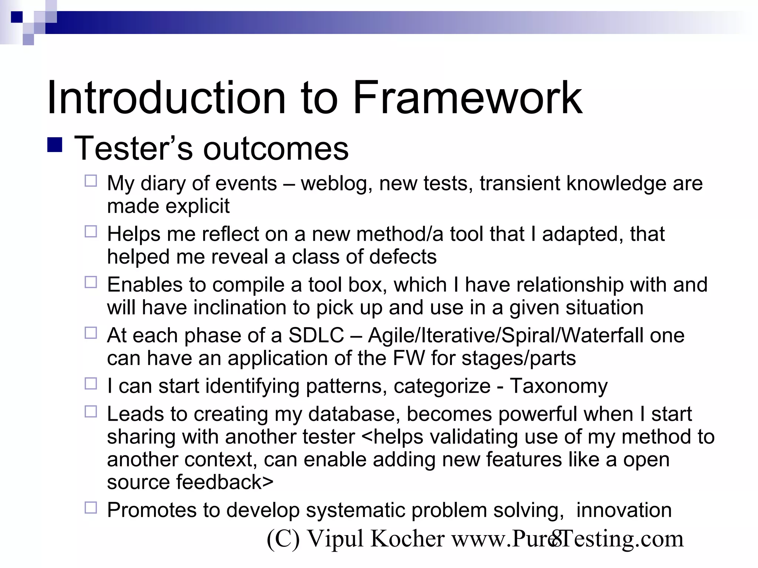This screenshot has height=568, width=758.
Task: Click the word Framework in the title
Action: coord(467,98)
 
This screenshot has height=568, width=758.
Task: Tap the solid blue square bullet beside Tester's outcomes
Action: coord(55,145)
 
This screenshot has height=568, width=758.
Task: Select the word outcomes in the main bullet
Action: coord(276,149)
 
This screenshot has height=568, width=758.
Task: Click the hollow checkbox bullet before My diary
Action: coord(91,181)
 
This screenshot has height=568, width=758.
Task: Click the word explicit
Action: coord(198,206)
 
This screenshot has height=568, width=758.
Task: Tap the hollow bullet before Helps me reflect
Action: coord(91,231)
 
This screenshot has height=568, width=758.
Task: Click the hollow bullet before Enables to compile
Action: coord(91,282)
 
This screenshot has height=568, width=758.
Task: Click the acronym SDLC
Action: coord(316,335)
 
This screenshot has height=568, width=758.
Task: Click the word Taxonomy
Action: coord(559,386)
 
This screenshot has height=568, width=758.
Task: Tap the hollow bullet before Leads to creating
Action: coord(91,412)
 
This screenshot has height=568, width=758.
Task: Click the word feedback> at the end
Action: coord(224,482)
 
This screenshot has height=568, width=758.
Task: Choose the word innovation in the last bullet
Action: coord(624,510)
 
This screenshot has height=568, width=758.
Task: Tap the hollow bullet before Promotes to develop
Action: coord(91,508)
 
